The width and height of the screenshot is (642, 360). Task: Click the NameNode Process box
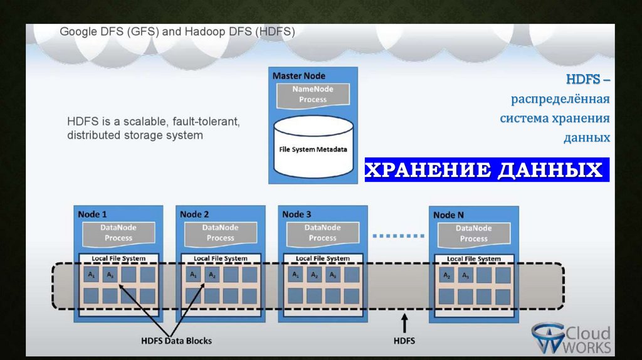coord(313,95)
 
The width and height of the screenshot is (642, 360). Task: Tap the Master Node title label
coord(299,76)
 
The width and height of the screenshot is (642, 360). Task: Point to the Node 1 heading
coord(92,214)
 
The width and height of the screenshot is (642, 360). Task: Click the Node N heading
coord(445,215)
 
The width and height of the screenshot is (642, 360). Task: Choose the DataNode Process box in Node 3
coord(322,233)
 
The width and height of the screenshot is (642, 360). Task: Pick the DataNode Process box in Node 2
coord(220,233)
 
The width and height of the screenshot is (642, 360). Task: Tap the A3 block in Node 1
coord(111,275)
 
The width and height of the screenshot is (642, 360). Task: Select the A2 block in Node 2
coord(213,275)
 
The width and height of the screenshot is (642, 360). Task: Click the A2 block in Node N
coord(446,275)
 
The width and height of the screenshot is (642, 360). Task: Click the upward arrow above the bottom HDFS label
coord(404,323)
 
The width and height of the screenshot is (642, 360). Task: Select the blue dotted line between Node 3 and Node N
coord(395,236)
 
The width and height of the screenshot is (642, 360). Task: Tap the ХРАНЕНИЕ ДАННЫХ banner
coord(486,170)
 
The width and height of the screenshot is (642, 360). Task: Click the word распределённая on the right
coord(560,99)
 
